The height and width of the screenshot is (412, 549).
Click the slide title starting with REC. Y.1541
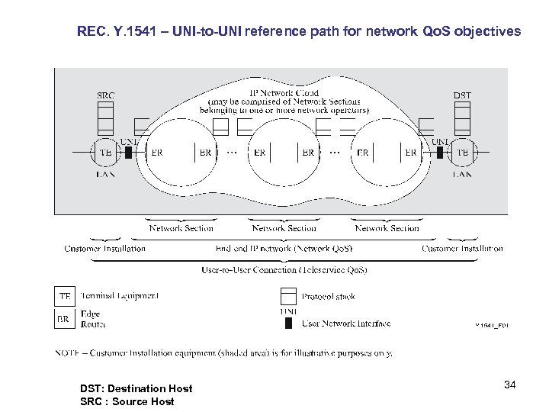click(299, 32)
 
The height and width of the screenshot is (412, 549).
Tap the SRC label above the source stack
click(106, 95)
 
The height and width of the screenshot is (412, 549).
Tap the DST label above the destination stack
click(462, 95)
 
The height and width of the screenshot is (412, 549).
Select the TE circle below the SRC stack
click(105, 153)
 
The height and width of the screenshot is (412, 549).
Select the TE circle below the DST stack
click(462, 153)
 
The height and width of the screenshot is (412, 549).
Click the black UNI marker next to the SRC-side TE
click(129, 153)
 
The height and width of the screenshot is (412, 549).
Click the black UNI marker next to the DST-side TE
click(440, 153)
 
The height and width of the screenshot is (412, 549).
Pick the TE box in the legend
click(65, 296)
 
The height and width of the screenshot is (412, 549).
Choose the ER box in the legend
click(65, 318)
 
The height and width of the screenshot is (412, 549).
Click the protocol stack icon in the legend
click(287, 297)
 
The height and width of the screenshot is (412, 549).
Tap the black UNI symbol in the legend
click(287, 323)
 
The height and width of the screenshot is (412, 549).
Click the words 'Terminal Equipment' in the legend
click(120, 296)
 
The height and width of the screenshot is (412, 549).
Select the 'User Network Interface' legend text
click(346, 323)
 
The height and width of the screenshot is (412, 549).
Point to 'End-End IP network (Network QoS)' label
click(284, 249)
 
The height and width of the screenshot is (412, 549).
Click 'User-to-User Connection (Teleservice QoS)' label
click(284, 270)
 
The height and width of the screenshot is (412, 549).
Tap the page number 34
click(509, 385)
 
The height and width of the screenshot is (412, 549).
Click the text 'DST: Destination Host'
click(136, 388)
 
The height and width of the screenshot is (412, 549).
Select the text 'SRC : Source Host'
click(127, 401)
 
